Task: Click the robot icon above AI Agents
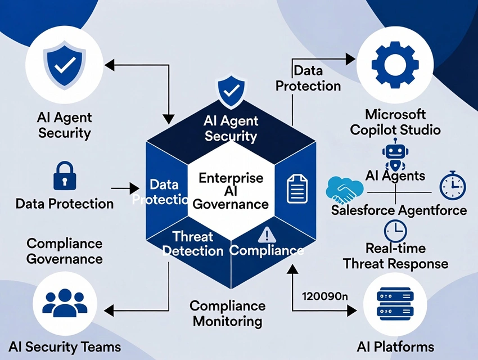click(393, 154)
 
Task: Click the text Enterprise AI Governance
click(231, 191)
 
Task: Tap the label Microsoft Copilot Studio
click(395, 122)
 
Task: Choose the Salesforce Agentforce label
click(399, 210)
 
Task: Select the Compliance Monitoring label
click(227, 313)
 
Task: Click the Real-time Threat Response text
click(395, 256)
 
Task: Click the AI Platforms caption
click(395, 346)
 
